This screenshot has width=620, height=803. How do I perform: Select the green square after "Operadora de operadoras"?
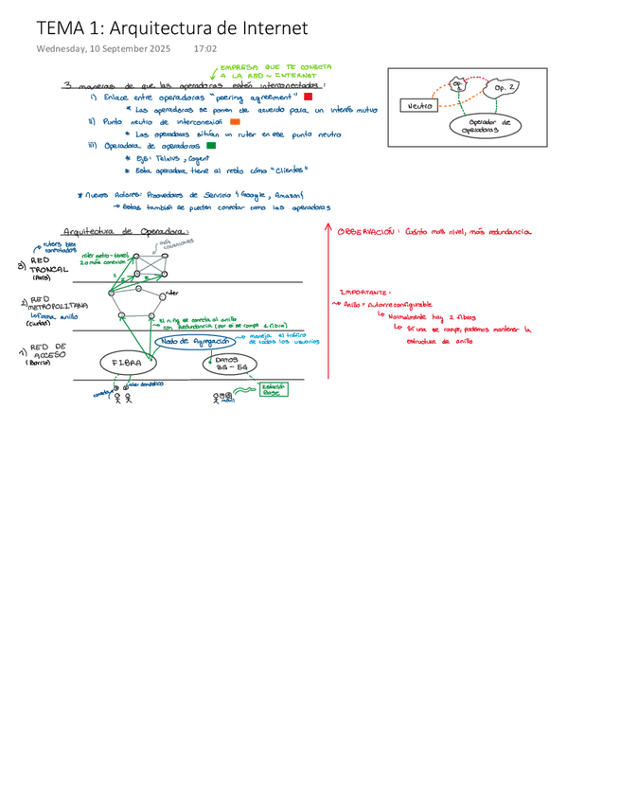[211, 146]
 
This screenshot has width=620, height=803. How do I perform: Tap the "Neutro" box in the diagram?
[417, 106]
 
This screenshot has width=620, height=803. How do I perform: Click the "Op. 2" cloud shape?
[505, 88]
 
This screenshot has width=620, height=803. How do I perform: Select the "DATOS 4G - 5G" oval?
[225, 364]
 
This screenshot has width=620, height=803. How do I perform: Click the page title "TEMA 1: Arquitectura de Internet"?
[171, 28]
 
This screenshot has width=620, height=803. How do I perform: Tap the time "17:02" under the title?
[204, 49]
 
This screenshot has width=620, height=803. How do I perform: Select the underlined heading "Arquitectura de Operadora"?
[125, 231]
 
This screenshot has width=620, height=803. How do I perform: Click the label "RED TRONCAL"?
[48, 265]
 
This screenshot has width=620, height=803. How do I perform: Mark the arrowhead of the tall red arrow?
[328, 228]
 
